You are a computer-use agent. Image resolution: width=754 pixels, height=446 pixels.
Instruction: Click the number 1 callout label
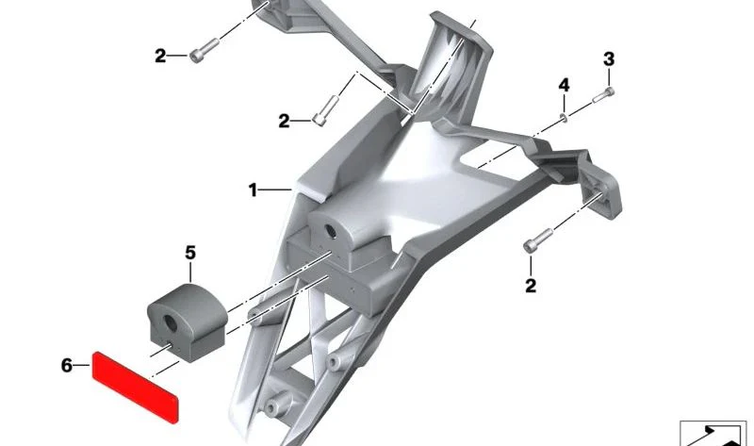(253, 190)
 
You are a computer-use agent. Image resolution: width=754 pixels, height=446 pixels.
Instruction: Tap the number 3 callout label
(609, 59)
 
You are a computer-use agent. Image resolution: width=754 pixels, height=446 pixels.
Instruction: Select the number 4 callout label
(564, 86)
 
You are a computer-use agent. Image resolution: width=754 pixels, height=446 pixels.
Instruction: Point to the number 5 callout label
(190, 253)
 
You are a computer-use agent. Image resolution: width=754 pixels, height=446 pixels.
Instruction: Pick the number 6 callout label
(66, 365)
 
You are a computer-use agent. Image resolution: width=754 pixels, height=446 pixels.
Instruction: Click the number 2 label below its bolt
(531, 286)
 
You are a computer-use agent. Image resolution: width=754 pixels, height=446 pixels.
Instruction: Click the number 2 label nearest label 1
(285, 121)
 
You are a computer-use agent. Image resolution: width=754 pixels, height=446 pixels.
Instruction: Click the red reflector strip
(135, 388)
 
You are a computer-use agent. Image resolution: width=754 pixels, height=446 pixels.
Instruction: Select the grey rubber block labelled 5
(187, 322)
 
